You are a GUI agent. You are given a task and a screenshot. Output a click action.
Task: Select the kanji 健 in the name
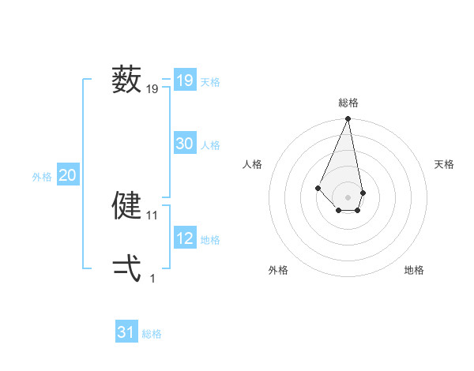(x=126, y=205)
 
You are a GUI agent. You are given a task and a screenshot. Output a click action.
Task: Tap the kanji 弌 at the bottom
(x=126, y=268)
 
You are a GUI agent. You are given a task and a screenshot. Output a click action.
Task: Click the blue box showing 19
(x=184, y=81)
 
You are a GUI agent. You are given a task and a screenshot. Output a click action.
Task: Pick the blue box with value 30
(x=184, y=144)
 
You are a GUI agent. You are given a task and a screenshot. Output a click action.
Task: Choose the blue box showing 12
(x=184, y=238)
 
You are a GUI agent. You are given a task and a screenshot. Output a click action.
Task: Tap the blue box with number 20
(x=67, y=175)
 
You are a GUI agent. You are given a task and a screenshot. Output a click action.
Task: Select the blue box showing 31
(x=126, y=332)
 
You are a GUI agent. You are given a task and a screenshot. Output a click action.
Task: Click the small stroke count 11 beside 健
(x=152, y=215)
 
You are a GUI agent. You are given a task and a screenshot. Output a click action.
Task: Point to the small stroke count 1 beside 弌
(x=152, y=278)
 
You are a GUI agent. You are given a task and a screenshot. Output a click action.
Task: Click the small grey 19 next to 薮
(x=152, y=90)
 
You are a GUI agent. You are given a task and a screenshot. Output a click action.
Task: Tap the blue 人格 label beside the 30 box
(x=210, y=145)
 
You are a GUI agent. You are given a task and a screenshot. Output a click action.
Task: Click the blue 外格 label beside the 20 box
(x=42, y=177)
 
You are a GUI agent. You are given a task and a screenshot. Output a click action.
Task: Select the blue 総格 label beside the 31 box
(x=152, y=334)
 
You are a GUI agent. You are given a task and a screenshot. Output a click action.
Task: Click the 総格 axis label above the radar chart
(x=348, y=103)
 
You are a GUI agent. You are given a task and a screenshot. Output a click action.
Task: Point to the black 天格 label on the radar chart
(x=444, y=164)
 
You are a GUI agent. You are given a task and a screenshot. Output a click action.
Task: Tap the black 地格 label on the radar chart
(x=414, y=270)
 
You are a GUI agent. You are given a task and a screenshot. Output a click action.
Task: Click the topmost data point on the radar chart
(x=348, y=119)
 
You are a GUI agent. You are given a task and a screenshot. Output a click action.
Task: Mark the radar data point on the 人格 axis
(x=318, y=188)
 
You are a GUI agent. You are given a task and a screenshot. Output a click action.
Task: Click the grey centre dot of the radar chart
(x=348, y=197)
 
